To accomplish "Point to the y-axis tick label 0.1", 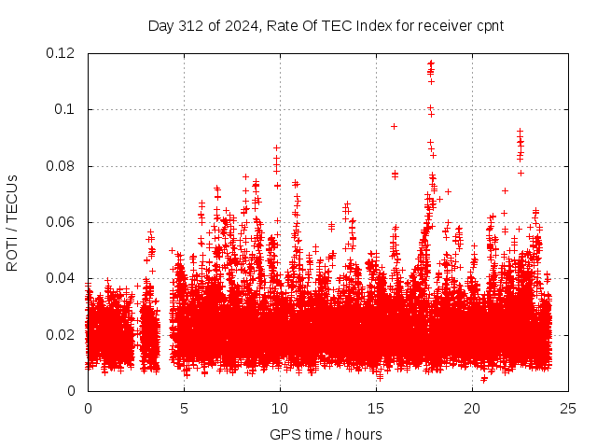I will click(x=66, y=109).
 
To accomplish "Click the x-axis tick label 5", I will click(x=184, y=408).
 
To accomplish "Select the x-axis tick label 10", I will click(x=279, y=408).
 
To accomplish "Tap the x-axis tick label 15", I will click(x=375, y=408).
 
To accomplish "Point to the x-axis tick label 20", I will click(x=471, y=408).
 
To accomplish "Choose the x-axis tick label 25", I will click(x=567, y=408).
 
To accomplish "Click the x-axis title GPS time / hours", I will click(x=326, y=434).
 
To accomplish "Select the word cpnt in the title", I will click(x=489, y=25).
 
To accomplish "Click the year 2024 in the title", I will click(x=238, y=25).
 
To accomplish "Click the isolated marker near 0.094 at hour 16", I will click(x=394, y=126).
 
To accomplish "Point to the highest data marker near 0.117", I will click(x=430, y=63).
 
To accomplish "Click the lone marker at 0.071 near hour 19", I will click(x=448, y=191).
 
